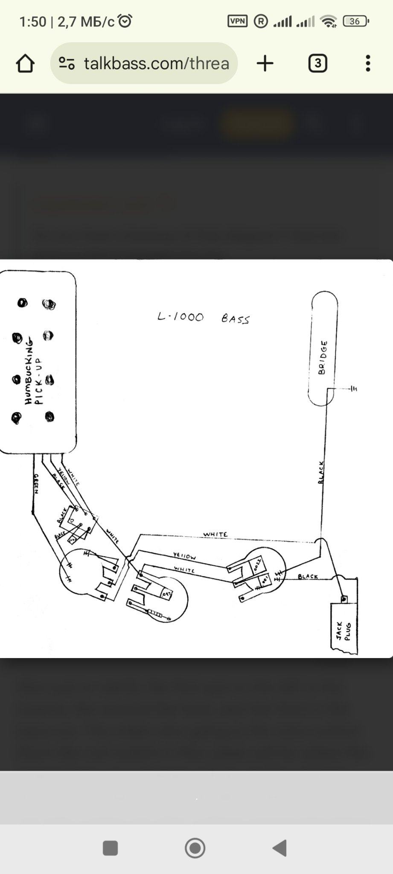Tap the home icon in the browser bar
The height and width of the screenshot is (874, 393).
point(25,64)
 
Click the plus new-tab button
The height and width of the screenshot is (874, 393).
point(265,64)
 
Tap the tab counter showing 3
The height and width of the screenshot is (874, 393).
point(317,64)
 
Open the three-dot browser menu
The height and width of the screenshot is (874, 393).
point(368,64)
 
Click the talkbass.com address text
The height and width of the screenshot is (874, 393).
point(156,64)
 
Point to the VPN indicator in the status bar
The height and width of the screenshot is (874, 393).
point(237,21)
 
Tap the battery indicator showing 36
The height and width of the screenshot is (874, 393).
point(355,21)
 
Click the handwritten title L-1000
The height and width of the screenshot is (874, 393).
point(180,317)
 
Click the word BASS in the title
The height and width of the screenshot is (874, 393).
point(235,319)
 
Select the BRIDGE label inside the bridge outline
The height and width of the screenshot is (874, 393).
point(323,358)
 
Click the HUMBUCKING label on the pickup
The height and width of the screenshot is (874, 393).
point(29,370)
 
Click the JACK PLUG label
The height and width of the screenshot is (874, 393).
point(344,631)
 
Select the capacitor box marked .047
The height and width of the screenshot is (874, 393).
point(166,593)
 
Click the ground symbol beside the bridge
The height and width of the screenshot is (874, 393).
point(353,389)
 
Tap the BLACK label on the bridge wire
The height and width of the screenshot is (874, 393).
point(321,472)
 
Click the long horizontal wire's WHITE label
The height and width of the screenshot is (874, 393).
point(215,534)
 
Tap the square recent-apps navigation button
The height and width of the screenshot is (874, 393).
point(111,848)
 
